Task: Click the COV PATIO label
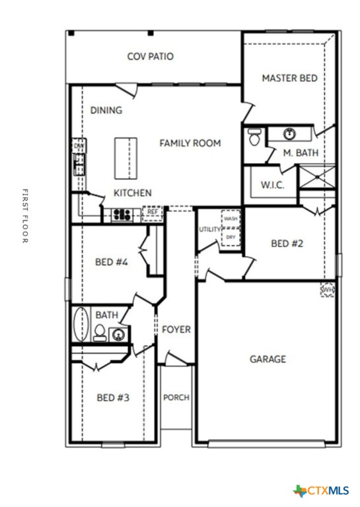click(x=151, y=57)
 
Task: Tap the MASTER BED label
click(x=289, y=78)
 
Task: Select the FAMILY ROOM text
click(x=190, y=143)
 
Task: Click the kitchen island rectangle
click(x=126, y=158)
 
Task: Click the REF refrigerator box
click(x=152, y=213)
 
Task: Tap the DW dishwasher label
click(x=79, y=145)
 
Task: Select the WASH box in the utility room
click(x=230, y=219)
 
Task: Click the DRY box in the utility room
click(x=230, y=236)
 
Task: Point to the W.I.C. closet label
click(x=272, y=186)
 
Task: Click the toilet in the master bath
click(x=254, y=137)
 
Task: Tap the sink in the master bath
click(x=289, y=135)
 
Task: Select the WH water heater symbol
click(x=327, y=290)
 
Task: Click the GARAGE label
click(x=268, y=359)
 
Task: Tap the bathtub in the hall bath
click(x=81, y=323)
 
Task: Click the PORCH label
click(x=176, y=397)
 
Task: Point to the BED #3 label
click(x=112, y=397)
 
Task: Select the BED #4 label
click(x=111, y=262)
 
